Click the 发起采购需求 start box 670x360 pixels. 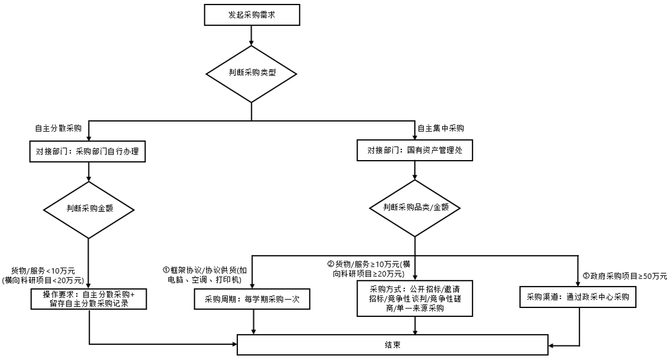click(x=252, y=15)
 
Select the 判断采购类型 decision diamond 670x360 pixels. click(x=252, y=73)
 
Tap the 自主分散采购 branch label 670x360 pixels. click(x=58, y=128)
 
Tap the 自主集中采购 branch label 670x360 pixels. click(x=441, y=128)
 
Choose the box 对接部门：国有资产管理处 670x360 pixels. click(x=414, y=151)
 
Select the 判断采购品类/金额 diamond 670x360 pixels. click(x=415, y=207)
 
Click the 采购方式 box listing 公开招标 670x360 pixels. click(x=414, y=298)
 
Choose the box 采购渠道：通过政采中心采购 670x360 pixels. click(x=577, y=298)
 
